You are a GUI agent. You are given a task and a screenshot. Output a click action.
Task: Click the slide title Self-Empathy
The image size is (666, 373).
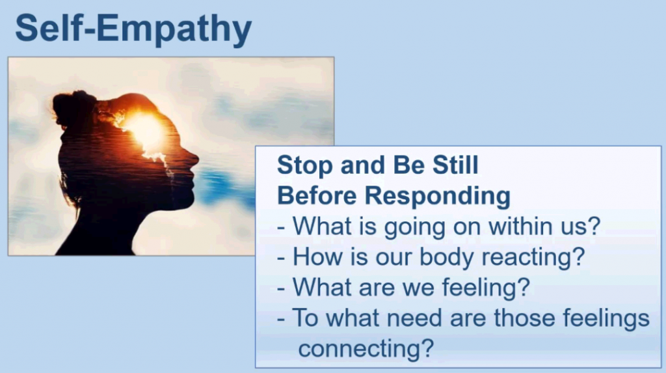(133, 29)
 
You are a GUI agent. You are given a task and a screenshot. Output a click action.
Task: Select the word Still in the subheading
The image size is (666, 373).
(455, 165)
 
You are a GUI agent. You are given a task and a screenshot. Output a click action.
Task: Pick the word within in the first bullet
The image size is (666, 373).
(526, 226)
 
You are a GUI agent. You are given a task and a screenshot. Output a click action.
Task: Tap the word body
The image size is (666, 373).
(446, 258)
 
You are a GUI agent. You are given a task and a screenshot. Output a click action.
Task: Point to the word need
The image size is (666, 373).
(414, 318)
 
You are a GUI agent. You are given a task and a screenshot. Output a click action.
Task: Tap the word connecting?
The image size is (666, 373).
(366, 350)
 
